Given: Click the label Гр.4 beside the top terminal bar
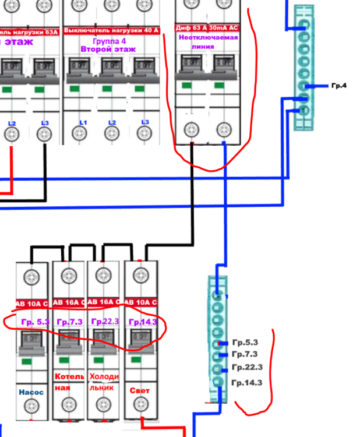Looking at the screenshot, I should [x=338, y=86].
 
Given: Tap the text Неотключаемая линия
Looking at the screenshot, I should [x=207, y=42].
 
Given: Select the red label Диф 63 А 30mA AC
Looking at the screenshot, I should [x=207, y=27].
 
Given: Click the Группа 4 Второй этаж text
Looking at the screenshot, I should [x=111, y=45].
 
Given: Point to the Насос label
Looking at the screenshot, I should [x=31, y=392].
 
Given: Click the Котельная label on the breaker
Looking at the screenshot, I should [x=68, y=381].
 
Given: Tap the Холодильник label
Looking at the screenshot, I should [x=104, y=381].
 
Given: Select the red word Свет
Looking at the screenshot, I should [x=139, y=391].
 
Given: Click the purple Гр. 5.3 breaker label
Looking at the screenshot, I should [x=34, y=322].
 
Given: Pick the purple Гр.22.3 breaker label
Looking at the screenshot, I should [x=105, y=322].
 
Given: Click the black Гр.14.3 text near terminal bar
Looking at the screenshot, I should [x=247, y=383].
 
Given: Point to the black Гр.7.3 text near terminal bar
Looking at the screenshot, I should [x=244, y=354].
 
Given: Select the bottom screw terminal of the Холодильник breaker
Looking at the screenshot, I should [x=104, y=403].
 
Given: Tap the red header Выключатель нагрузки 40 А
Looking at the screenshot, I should [x=111, y=29].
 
